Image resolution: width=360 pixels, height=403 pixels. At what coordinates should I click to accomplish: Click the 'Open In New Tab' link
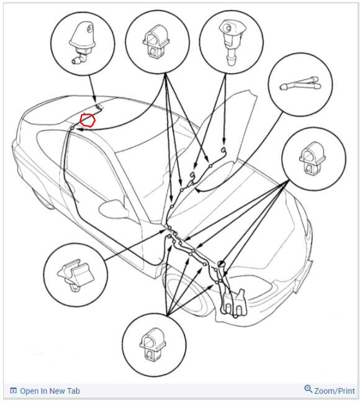point(50,391)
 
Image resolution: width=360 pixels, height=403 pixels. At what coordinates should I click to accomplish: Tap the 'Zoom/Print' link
point(335,391)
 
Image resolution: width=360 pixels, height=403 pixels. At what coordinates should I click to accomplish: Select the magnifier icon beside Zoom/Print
point(308,389)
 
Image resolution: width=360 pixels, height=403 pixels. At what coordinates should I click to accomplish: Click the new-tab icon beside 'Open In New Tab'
point(14,391)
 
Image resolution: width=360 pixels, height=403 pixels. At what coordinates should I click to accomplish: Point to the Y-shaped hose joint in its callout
point(300,84)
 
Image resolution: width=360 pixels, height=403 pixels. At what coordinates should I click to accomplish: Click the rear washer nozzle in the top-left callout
point(82,42)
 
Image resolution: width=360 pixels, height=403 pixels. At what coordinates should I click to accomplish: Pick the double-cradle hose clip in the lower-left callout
point(76,276)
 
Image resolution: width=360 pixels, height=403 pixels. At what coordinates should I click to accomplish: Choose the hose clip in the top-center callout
point(156,40)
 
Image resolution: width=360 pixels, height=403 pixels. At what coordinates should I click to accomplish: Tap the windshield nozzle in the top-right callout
point(230,42)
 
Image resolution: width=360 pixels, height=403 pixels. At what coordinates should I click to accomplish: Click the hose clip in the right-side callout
point(312,158)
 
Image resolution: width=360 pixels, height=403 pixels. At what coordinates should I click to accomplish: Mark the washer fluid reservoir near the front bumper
point(234,303)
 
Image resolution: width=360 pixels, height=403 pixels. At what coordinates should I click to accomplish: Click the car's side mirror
point(114,209)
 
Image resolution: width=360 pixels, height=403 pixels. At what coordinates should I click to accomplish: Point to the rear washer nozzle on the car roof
point(98,106)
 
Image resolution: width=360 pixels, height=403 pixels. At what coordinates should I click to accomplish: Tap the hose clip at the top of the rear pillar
point(73,127)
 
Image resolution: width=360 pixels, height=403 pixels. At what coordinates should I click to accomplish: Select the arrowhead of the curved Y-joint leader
point(197,190)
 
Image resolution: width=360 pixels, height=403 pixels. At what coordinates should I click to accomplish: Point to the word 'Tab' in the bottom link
point(74,391)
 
